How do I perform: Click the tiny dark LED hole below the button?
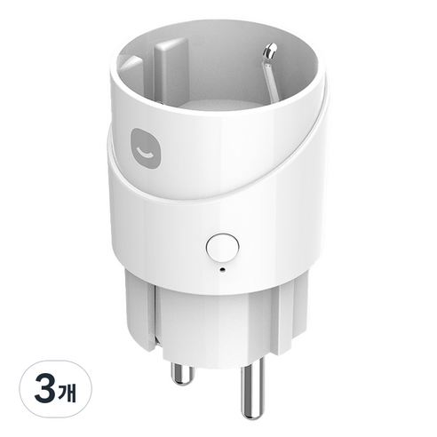(222, 269)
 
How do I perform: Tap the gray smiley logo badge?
(147, 148)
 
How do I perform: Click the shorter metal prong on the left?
(181, 374)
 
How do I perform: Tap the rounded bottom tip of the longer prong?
(252, 416)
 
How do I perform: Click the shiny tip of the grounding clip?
(271, 50)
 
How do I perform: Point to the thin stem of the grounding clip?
(271, 77)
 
